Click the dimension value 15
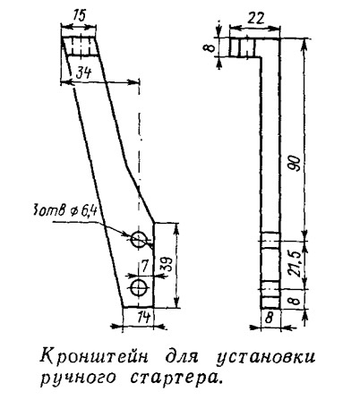[x=79, y=16]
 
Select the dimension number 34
[x=83, y=72]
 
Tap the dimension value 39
[x=167, y=264]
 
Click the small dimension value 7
[x=144, y=267]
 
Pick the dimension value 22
[x=255, y=19]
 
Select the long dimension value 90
[x=296, y=163]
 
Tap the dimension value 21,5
[x=296, y=264]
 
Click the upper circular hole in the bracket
[x=139, y=239]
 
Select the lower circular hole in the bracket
[x=139, y=287]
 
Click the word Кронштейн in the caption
[x=94, y=357]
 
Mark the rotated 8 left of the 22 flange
[x=211, y=47]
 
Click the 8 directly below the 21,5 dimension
[x=295, y=300]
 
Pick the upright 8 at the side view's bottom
[x=269, y=318]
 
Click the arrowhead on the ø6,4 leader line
[x=127, y=234]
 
